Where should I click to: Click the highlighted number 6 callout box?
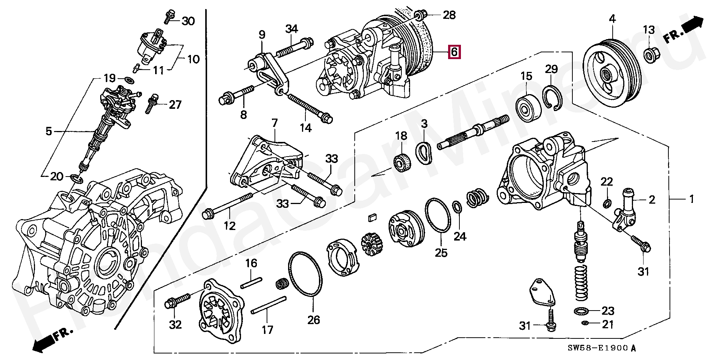click(454, 52)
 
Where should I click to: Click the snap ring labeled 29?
click(554, 98)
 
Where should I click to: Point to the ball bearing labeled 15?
click(529, 107)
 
